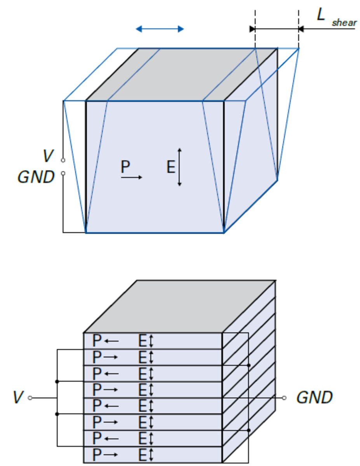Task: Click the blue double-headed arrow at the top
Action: (x=160, y=29)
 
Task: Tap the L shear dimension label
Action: (x=336, y=18)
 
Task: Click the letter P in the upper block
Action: (x=125, y=167)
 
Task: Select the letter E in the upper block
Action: (x=171, y=167)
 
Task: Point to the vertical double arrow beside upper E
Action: (x=179, y=167)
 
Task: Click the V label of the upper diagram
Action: (x=48, y=156)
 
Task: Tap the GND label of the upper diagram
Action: (x=36, y=177)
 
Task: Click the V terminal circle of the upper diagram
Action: (x=63, y=160)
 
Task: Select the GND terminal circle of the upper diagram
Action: (x=63, y=174)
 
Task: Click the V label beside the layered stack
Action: (x=18, y=398)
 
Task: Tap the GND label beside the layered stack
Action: (x=314, y=398)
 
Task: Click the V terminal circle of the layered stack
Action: (x=30, y=398)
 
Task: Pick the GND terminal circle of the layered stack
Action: (x=284, y=398)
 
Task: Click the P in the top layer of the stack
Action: (x=97, y=341)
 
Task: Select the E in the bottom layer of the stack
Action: (x=143, y=455)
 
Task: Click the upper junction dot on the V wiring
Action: (x=57, y=381)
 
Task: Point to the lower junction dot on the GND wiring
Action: (x=249, y=430)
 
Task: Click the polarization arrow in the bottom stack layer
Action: (x=111, y=455)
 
